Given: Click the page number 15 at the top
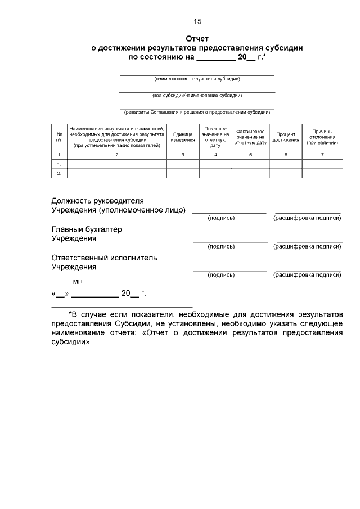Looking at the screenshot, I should pos(197,21).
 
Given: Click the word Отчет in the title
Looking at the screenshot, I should pos(197,39).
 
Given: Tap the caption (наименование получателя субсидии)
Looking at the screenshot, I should pos(197,79).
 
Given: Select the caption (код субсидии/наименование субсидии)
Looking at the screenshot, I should pos(197,96).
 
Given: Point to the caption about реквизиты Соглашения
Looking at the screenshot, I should pos(197,112).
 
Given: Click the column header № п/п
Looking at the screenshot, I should pos(59,137).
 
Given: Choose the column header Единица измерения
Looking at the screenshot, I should pos(183,137).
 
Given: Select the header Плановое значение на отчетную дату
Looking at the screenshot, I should pos(215,137).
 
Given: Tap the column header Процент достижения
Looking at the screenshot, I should pos(286,137).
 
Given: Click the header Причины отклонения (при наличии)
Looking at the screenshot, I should pos(322,137).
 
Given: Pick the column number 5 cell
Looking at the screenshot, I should pos(250,154).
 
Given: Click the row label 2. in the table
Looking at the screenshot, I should pos(59,173).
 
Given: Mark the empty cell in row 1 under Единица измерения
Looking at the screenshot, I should pos(183,164).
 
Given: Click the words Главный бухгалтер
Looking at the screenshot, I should pos(87,229).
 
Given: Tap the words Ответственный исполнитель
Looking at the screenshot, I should pos(104,258).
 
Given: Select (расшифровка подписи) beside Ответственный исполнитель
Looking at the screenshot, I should pos(307,275).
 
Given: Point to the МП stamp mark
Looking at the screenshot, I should pos(78,281).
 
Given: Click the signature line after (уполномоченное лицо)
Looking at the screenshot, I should pos(229,213).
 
